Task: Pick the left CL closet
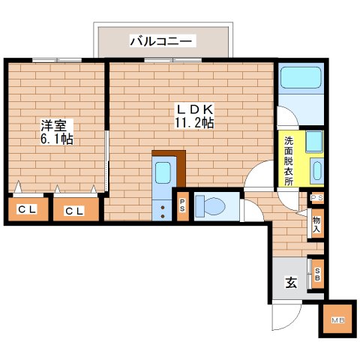coord(27,210)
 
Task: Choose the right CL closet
coord(75,210)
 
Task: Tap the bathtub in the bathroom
coord(300,79)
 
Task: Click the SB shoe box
coord(317,274)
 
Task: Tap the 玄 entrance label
coord(289,283)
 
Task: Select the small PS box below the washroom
coord(316,198)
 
